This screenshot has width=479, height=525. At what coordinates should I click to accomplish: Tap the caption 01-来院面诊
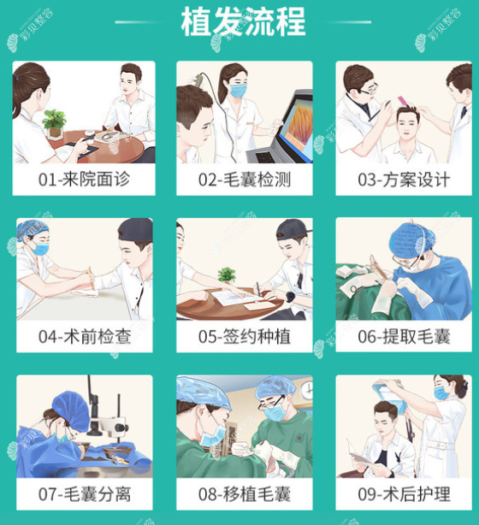click(x=84, y=181)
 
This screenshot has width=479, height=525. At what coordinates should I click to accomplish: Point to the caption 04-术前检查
click(x=84, y=337)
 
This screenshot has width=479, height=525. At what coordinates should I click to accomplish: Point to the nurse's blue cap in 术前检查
click(x=33, y=228)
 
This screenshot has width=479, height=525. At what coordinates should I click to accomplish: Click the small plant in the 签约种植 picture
click(x=227, y=276)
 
